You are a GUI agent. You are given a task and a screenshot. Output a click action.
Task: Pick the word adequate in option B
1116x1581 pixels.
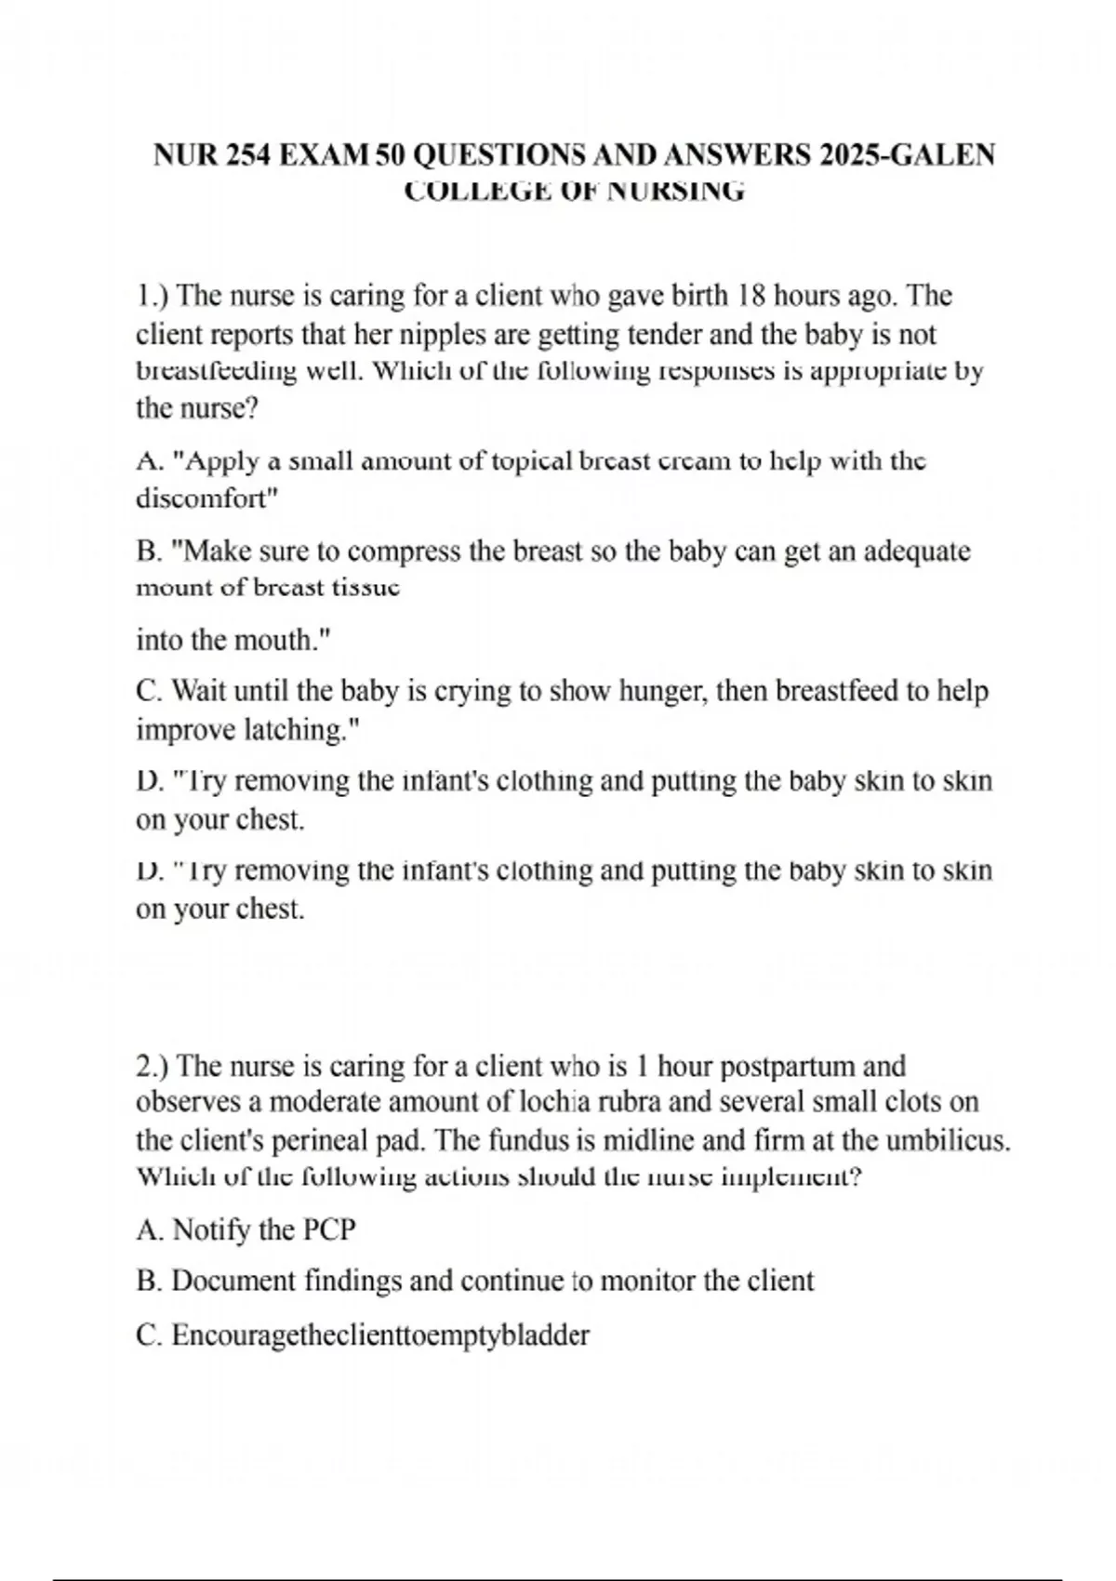click(917, 551)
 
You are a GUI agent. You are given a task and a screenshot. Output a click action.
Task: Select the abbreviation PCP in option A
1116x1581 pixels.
click(329, 1229)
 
